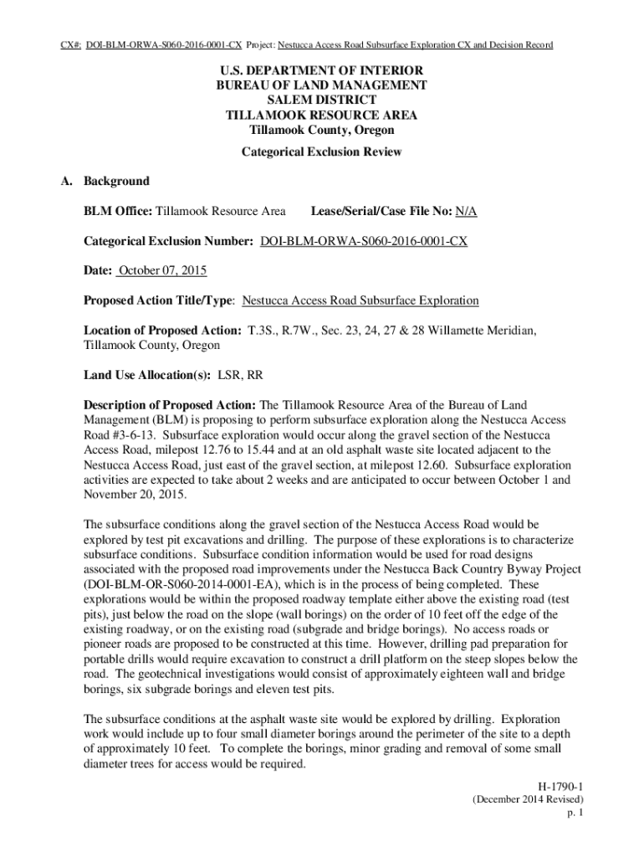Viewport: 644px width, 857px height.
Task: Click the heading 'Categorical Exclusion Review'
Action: [x=321, y=152]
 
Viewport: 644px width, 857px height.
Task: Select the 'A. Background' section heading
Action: [x=107, y=181]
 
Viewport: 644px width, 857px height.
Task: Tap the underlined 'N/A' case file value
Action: [x=467, y=212]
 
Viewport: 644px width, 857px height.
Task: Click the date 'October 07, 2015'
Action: [x=162, y=271]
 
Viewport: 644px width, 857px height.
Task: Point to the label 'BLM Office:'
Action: [x=118, y=212]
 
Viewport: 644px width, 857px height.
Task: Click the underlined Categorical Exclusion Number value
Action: [x=364, y=241]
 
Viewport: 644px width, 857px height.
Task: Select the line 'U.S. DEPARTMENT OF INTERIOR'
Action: [x=321, y=71]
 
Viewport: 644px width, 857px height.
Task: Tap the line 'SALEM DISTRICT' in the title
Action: [x=321, y=100]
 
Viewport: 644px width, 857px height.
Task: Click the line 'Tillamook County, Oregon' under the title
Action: [x=321, y=130]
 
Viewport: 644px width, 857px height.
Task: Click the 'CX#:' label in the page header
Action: [x=71, y=44]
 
